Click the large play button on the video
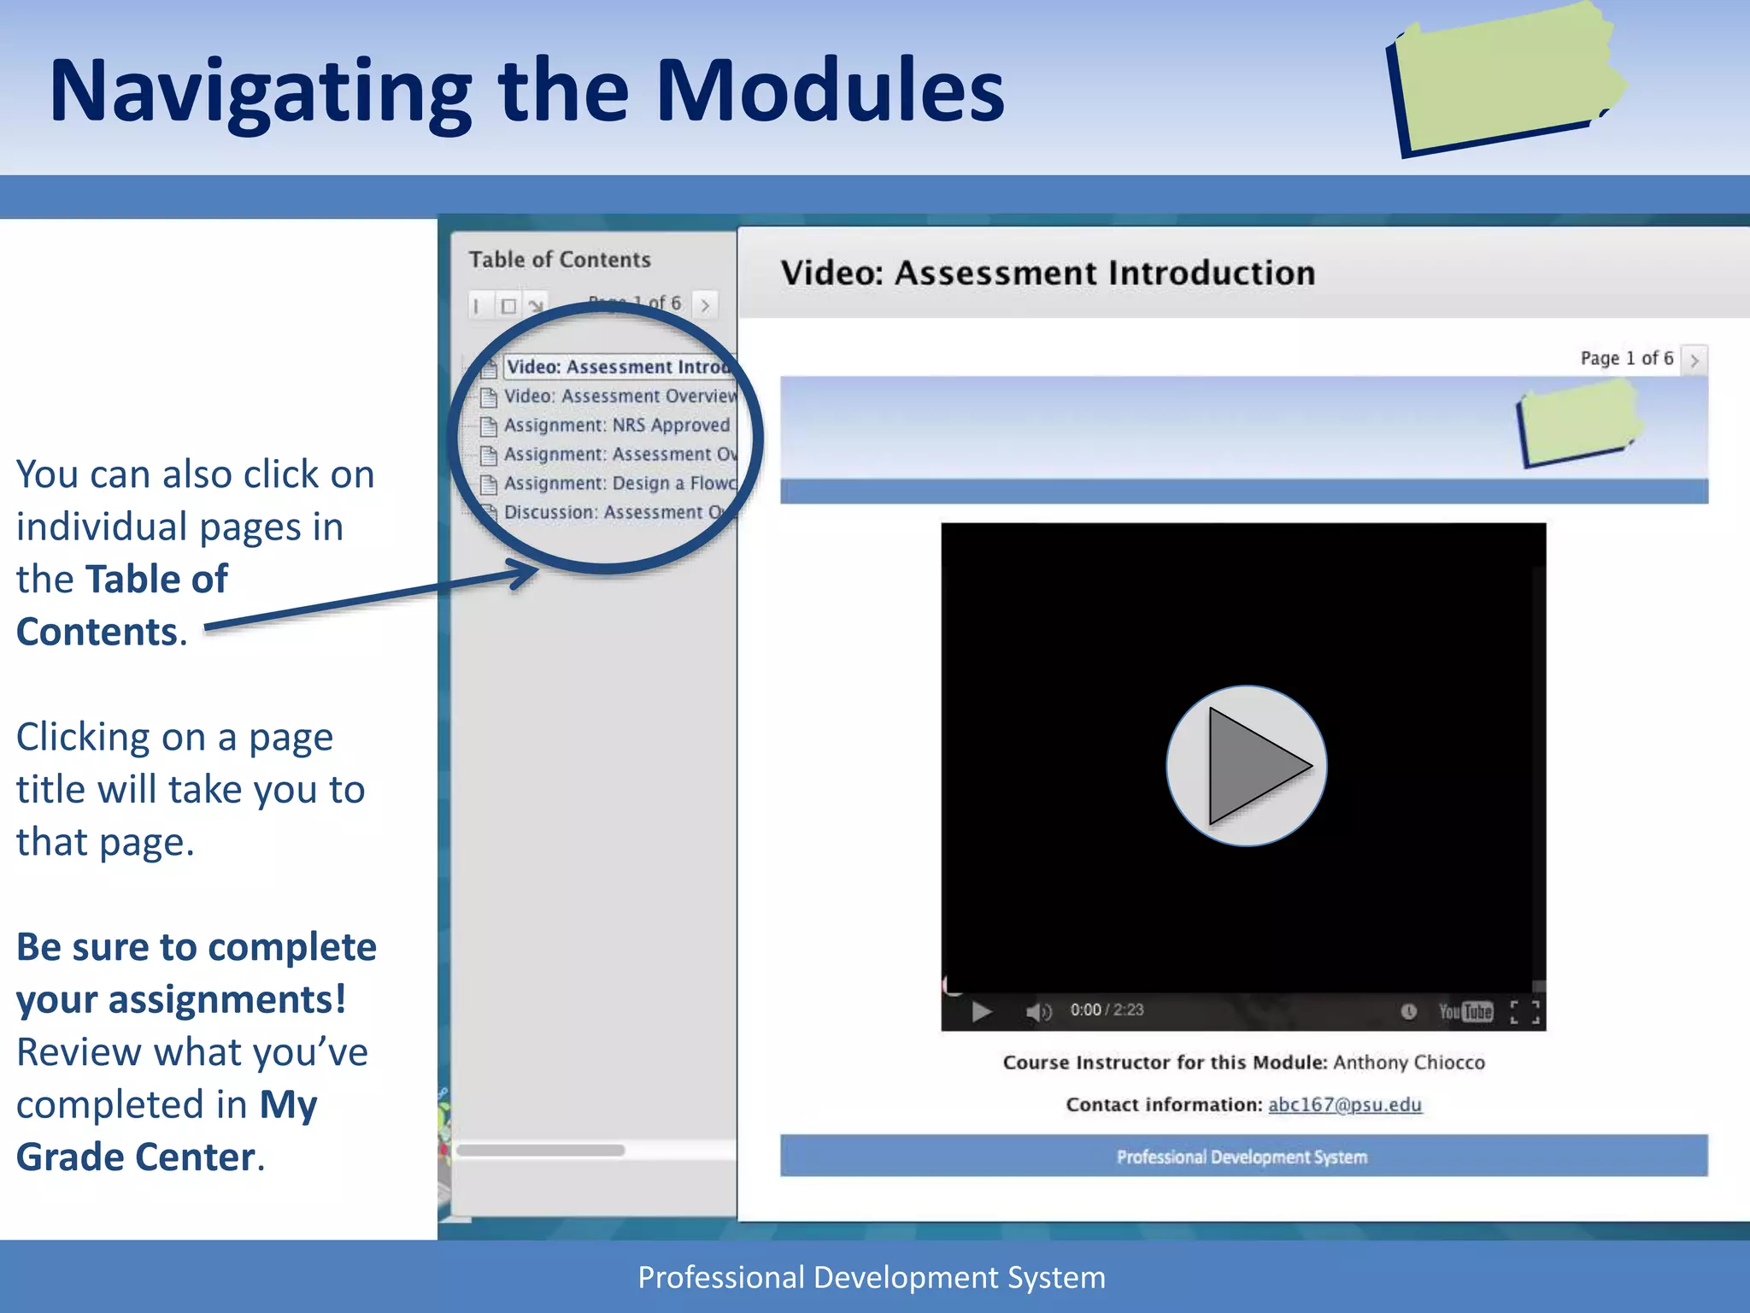tap(1246, 765)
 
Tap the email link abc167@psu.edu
tap(1344, 1104)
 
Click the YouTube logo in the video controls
tap(1465, 1012)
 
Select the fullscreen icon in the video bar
tap(1524, 1012)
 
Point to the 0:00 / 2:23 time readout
tap(1107, 1010)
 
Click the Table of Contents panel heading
tap(560, 260)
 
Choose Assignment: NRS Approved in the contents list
tap(616, 426)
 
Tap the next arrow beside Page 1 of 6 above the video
tap(1694, 360)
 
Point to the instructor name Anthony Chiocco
tap(1409, 1063)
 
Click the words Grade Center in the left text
tap(136, 1157)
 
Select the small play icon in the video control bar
tap(981, 1012)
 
